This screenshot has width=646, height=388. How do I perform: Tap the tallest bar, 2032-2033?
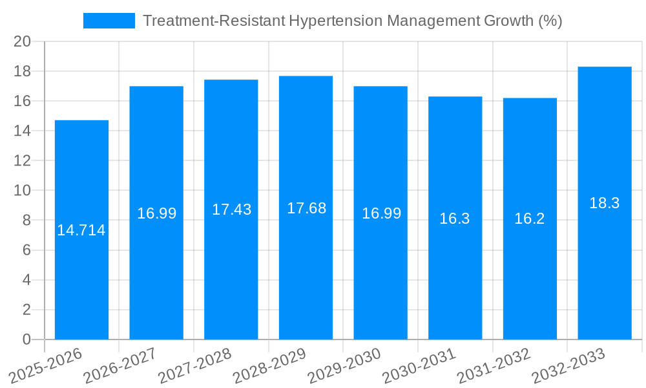605,272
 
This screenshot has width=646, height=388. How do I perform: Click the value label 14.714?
81,230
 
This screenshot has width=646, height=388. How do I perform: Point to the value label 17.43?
231,210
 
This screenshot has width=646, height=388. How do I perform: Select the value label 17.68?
306,208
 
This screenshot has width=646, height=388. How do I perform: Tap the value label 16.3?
455,219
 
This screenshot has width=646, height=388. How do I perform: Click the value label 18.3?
605,203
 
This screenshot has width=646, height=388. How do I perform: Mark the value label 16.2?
530,219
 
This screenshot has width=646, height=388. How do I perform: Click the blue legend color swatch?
109,21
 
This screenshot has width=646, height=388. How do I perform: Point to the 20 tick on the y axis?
22,41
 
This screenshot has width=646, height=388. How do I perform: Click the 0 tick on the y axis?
26,339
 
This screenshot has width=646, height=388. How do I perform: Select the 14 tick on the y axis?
22,131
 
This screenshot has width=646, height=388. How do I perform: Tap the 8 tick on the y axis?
26,221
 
